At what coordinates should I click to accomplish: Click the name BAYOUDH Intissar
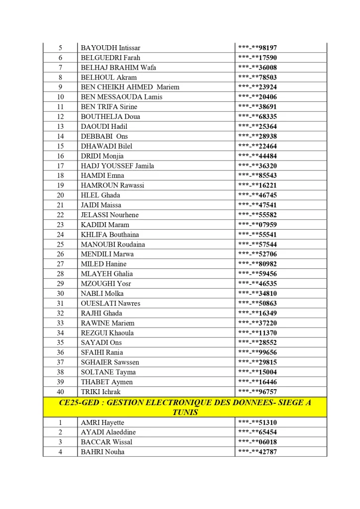(110, 48)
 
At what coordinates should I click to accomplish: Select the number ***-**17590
(258, 58)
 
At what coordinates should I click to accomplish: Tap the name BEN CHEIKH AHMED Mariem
(130, 87)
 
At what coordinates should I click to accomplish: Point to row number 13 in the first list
(60, 127)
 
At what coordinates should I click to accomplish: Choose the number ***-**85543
(258, 175)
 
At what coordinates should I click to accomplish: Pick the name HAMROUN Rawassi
(112, 185)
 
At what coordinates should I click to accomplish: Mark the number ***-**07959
(258, 225)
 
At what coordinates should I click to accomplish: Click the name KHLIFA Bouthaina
(110, 235)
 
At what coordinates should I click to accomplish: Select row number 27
(60, 264)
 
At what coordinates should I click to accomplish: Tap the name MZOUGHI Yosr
(106, 284)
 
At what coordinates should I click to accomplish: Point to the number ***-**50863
(258, 303)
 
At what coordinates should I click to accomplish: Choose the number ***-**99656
(258, 352)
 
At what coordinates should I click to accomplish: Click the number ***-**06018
(258, 442)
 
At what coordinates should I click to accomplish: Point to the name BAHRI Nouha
(102, 452)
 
